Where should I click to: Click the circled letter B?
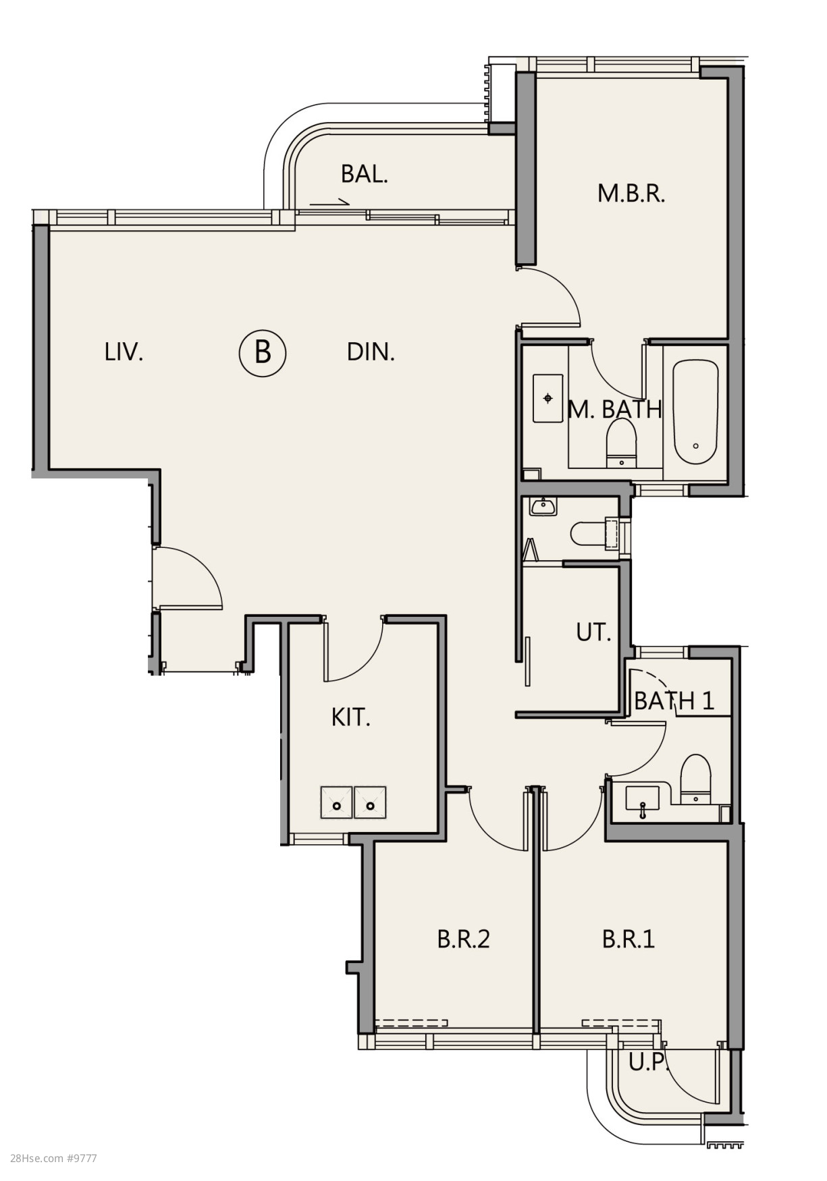click(263, 352)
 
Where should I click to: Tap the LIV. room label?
click(124, 352)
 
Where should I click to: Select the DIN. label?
click(371, 352)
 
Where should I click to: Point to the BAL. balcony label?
click(365, 174)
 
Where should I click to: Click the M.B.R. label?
click(631, 193)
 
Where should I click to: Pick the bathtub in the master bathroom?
click(695, 412)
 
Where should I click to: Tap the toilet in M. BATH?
click(622, 443)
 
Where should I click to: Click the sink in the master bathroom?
click(548, 398)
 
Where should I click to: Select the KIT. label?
click(351, 717)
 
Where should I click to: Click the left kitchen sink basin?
click(337, 802)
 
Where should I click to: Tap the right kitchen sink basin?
click(370, 802)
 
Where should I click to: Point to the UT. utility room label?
click(593, 632)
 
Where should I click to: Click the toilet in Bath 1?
click(695, 779)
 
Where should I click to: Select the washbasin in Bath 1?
click(643, 802)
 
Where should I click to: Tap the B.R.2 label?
click(463, 939)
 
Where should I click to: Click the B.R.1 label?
click(629, 939)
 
